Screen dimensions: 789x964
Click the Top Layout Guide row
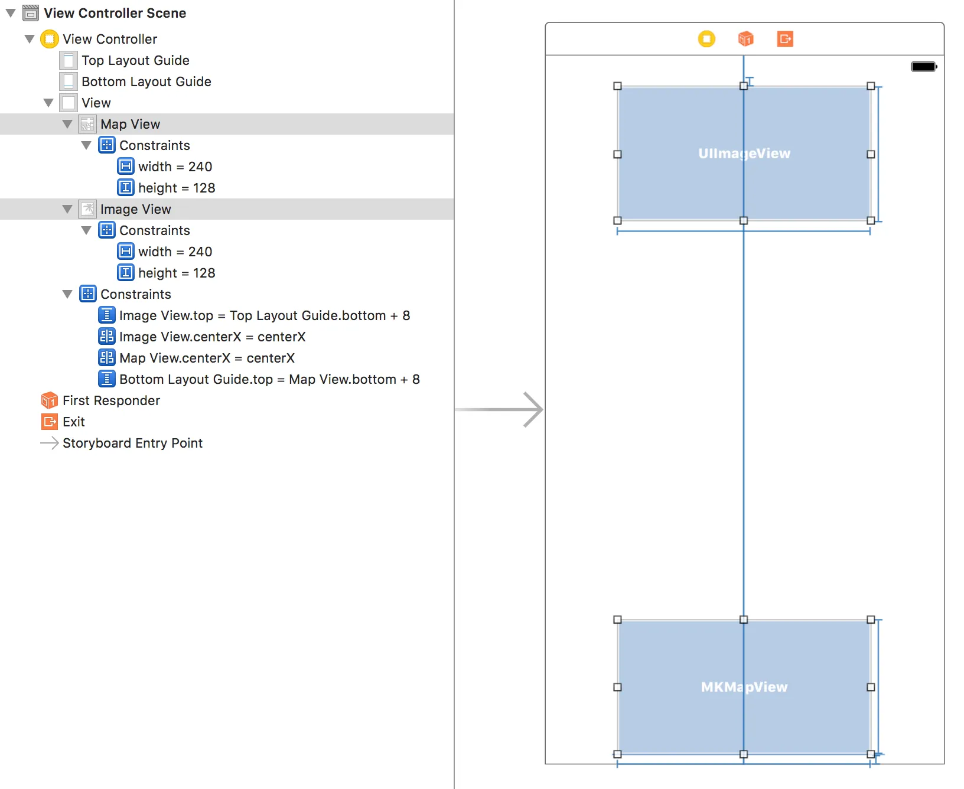tap(135, 60)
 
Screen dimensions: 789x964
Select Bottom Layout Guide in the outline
tap(146, 81)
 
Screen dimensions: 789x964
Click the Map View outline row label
tap(130, 124)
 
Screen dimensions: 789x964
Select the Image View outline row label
tap(135, 209)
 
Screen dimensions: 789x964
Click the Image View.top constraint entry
tap(264, 315)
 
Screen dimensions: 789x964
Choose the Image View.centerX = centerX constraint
tap(212, 337)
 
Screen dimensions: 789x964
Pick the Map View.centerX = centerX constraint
tap(207, 358)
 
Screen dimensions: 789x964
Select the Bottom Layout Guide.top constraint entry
tap(269, 379)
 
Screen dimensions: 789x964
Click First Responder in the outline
tap(111, 400)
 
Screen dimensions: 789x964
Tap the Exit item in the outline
tap(73, 422)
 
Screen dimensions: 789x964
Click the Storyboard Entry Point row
tap(132, 443)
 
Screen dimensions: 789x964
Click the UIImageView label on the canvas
tap(744, 154)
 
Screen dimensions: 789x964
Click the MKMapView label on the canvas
tap(744, 687)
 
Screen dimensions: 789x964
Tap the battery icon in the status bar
tap(924, 67)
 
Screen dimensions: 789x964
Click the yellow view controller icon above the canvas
tap(706, 39)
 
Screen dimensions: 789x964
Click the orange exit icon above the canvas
tap(785, 39)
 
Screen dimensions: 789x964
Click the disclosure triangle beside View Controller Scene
tap(11, 13)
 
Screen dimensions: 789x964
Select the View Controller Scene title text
tap(115, 13)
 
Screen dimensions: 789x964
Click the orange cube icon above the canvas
tap(745, 39)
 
